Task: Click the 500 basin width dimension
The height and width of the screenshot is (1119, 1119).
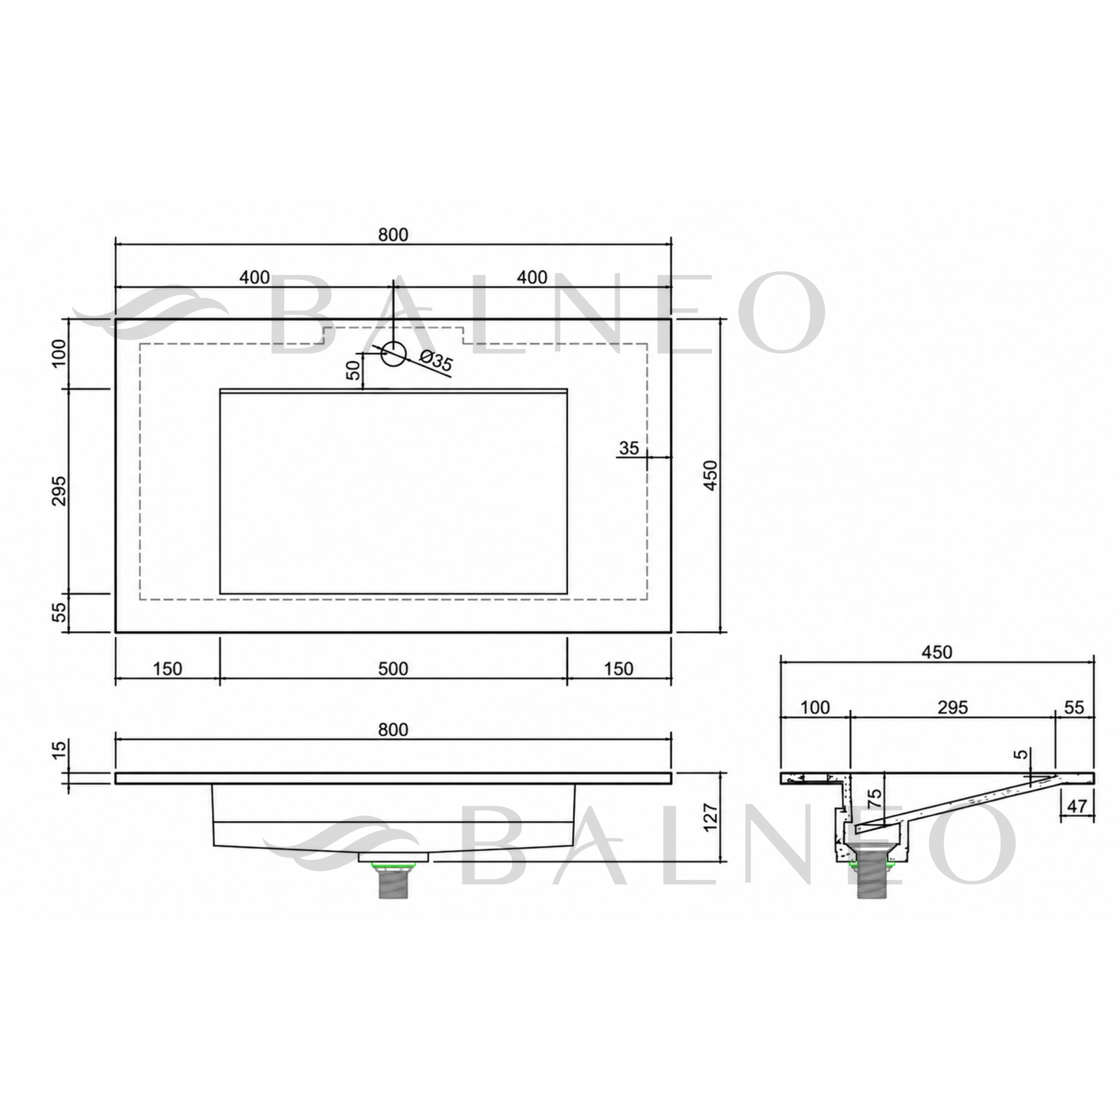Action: point(393,669)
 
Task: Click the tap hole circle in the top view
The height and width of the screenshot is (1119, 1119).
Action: point(394,354)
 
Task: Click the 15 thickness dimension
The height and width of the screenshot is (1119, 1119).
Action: point(59,749)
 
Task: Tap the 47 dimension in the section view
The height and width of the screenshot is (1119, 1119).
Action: point(1077,806)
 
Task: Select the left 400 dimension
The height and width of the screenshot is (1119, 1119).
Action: point(255,277)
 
